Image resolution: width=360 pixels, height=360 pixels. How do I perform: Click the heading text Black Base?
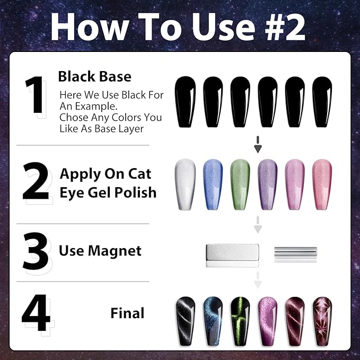tap(94, 76)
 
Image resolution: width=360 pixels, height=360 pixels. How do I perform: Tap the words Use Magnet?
tap(100, 250)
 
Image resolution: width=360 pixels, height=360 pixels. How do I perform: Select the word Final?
tap(127, 313)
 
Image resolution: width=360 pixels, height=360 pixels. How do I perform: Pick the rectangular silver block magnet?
tap(231, 252)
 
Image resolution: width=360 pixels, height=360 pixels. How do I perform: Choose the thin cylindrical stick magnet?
tap(295, 251)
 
